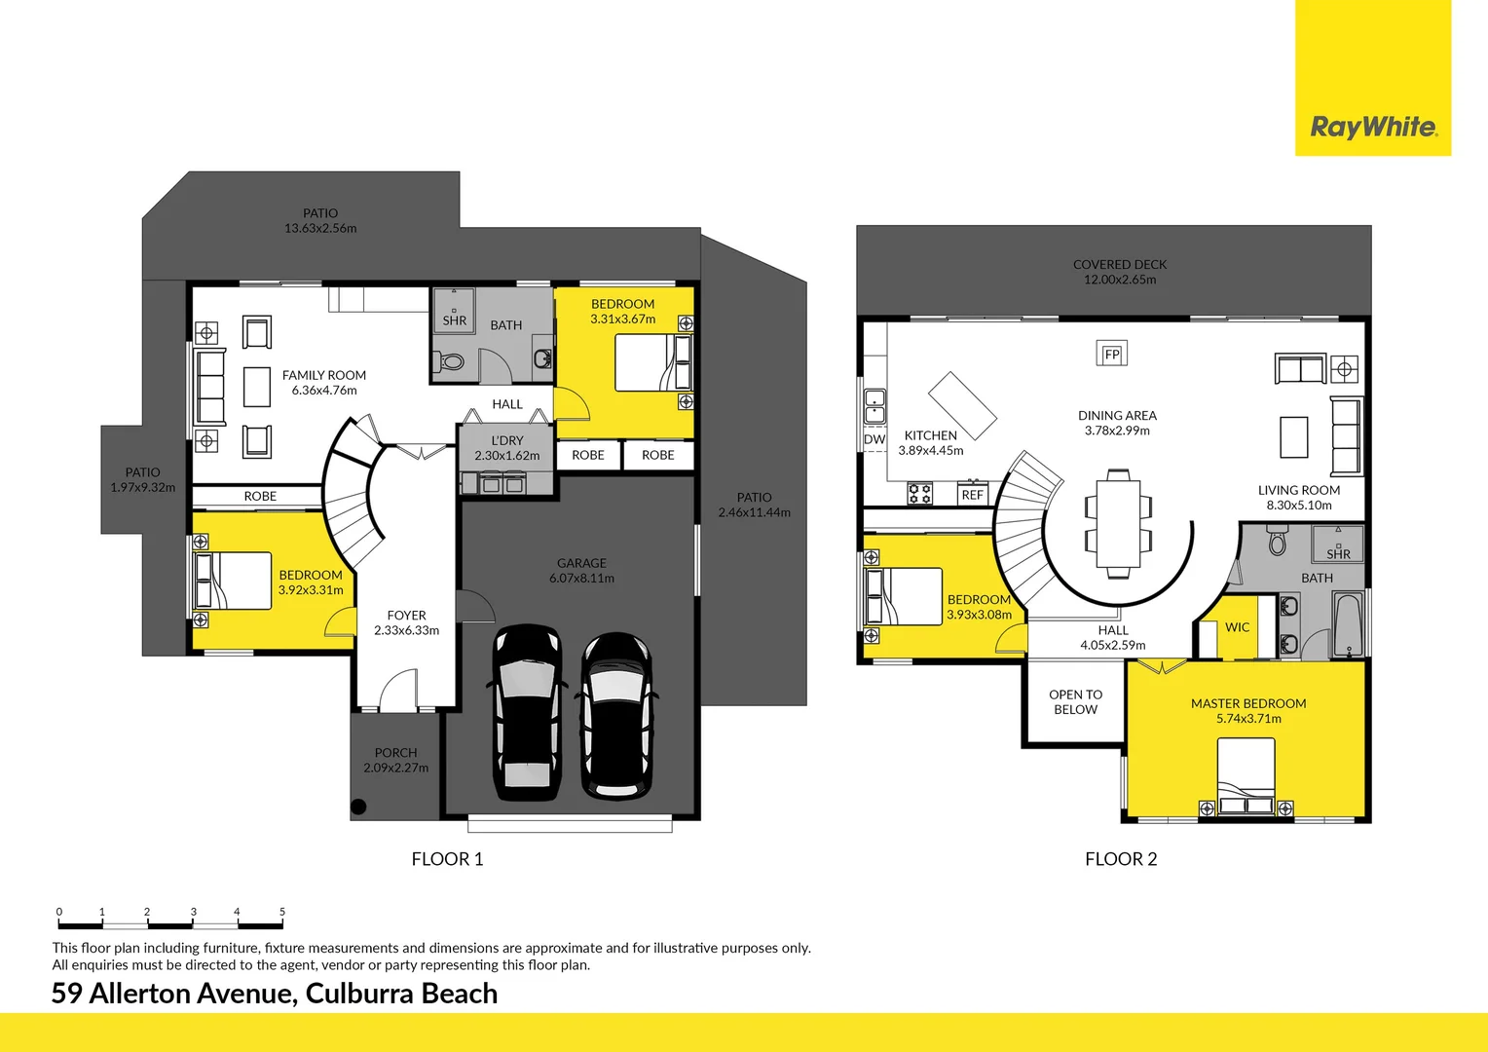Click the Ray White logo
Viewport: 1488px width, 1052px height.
point(1372,127)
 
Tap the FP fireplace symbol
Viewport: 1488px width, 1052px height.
point(1111,354)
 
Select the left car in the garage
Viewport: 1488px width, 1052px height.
point(527,713)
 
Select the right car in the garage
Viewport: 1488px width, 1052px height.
point(615,717)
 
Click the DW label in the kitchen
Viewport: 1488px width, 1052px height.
point(874,439)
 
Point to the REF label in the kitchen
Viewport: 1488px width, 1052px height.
point(972,495)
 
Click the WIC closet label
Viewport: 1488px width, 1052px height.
point(1237,627)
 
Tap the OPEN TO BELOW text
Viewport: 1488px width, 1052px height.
point(1075,702)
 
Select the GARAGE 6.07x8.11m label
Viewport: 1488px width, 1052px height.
point(581,571)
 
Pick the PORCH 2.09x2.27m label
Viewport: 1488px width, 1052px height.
point(395,760)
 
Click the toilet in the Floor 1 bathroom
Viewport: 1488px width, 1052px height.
point(450,362)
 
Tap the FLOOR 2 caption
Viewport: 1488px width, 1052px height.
point(1121,859)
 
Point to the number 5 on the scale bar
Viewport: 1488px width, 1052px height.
point(282,912)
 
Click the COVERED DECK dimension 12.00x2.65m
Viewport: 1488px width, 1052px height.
point(1120,280)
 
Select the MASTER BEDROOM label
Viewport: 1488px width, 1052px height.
point(1247,703)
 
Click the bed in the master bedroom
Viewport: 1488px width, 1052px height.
point(1246,773)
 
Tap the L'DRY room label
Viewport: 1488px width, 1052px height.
point(506,440)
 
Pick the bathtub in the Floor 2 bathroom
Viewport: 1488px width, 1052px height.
point(1349,623)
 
